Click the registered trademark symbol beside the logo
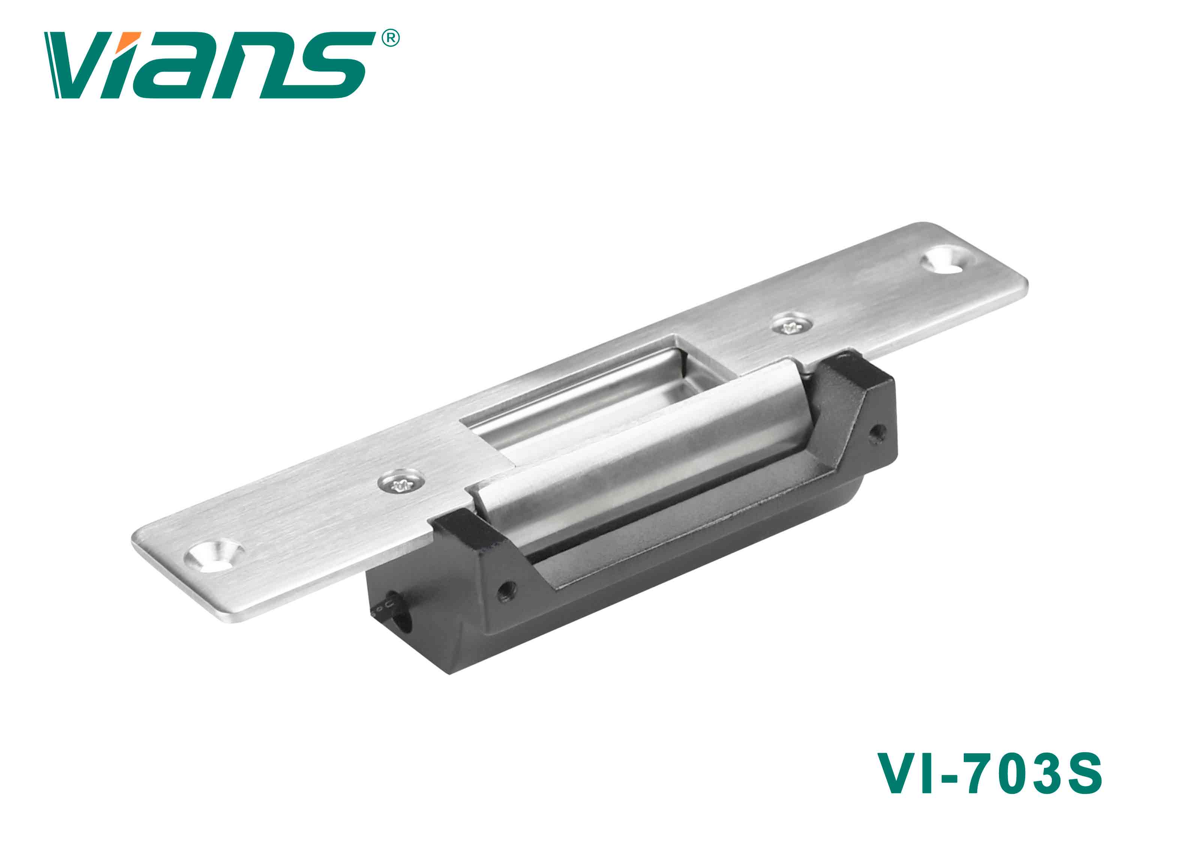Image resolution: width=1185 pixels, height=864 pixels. (x=391, y=38)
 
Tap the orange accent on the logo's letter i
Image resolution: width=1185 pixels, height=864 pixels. (x=131, y=39)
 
